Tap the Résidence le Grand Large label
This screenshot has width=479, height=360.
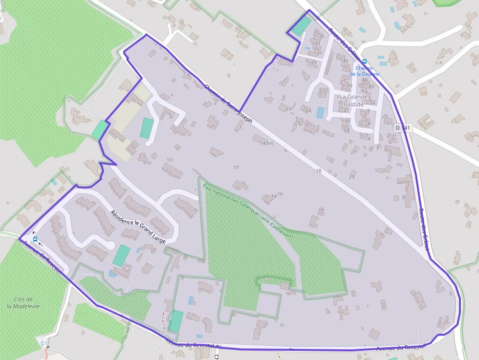click(138, 227)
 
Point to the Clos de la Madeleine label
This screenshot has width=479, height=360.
click(23, 303)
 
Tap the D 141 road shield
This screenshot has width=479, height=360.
click(404, 128)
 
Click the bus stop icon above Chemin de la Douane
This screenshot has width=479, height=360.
click(365, 62)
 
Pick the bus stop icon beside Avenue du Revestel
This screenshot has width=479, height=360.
click(35, 239)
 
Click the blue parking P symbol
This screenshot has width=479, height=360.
click(43, 343)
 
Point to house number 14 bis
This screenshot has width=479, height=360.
click(266, 143)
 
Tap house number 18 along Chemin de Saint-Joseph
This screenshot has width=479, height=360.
click(318, 170)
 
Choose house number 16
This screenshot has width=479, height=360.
click(321, 209)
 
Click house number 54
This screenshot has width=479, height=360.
click(308, 111)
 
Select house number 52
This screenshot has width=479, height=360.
click(373, 102)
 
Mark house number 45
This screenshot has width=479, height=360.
click(346, 61)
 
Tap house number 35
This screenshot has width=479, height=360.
click(321, 37)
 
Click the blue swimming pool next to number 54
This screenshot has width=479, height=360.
click(320, 113)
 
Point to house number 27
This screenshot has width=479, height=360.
click(353, 152)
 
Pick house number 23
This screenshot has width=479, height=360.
click(288, 108)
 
